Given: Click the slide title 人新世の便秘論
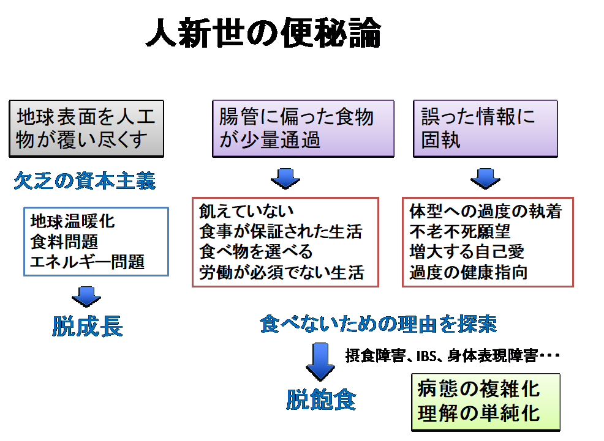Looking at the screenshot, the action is point(263,33).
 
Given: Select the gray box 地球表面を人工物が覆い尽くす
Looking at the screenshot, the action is point(86,129).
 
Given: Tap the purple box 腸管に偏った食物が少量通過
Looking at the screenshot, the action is point(303,129).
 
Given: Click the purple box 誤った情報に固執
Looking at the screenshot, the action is point(485,129).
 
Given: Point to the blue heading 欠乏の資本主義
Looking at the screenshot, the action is point(85,180).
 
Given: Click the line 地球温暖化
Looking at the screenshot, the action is point(72,221).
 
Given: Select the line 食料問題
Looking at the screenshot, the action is point(64,242).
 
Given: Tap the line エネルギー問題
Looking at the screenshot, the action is point(88,262).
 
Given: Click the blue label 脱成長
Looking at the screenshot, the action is point(88,327).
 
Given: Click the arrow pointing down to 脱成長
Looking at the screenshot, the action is point(86,297).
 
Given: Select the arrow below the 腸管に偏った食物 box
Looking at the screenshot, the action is point(285,179).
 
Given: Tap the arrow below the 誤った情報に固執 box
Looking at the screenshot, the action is point(485,179).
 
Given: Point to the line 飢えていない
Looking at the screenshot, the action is point(246,211).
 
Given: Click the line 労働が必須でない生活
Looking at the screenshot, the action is point(282,273).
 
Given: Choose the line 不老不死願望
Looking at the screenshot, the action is point(460,231).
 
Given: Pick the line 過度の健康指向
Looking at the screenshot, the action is point(469,273).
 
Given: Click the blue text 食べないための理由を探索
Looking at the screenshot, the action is point(379,324).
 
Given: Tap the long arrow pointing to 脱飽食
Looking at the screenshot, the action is point(320,362).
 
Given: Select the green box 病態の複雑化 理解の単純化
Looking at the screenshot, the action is point(486,402).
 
